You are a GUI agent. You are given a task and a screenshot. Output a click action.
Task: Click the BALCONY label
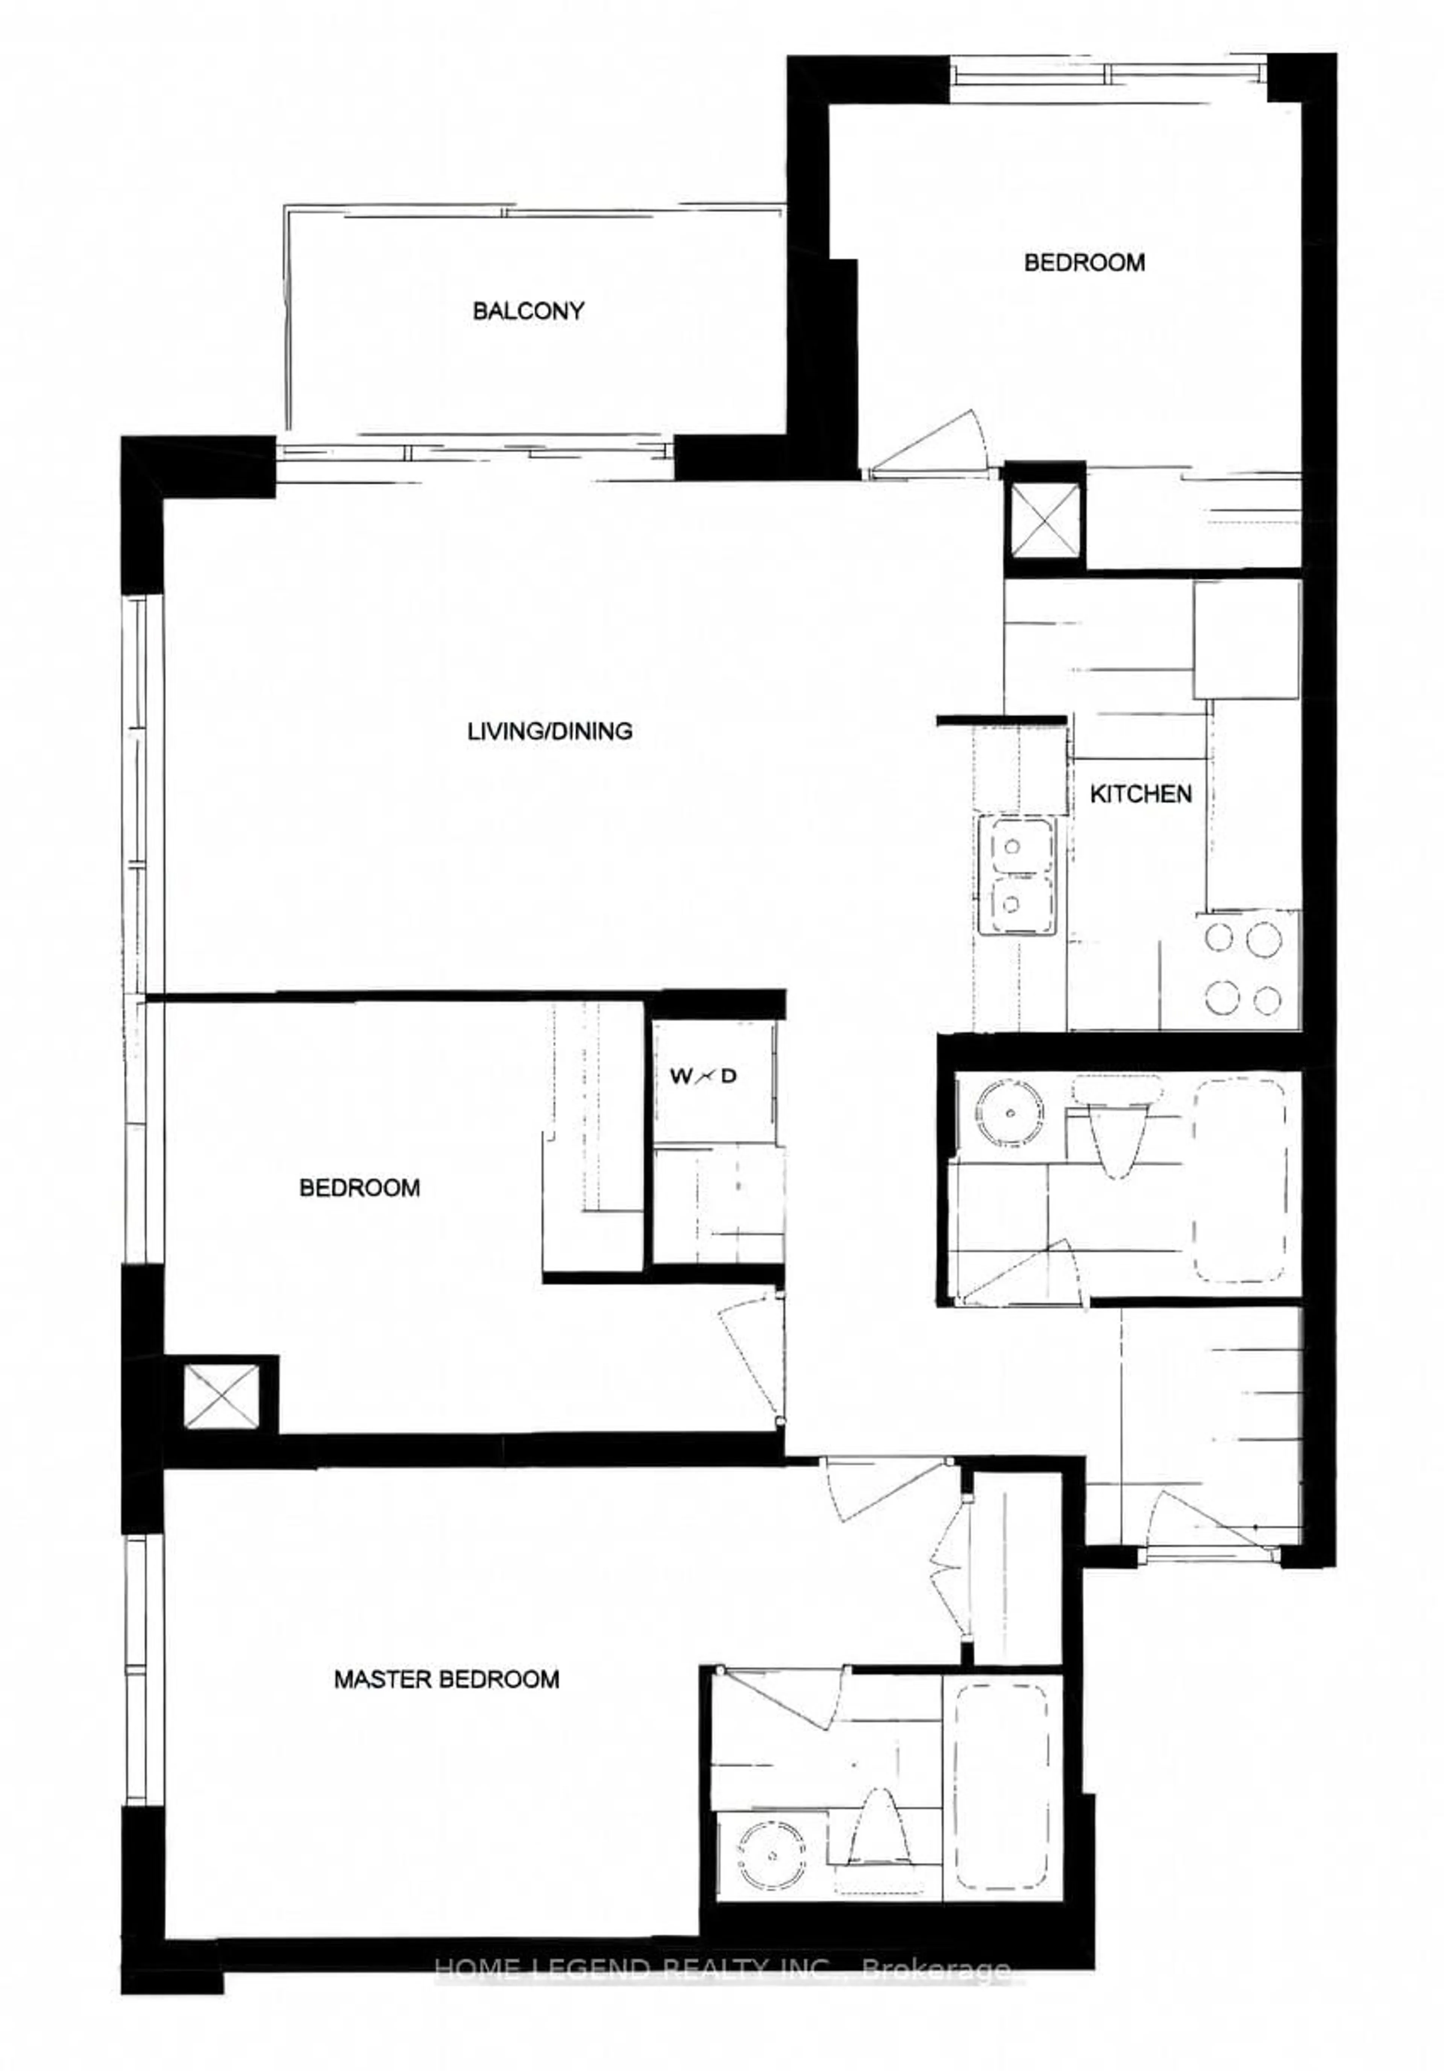tap(528, 311)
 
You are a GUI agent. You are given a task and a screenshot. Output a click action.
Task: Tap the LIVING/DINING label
tap(549, 730)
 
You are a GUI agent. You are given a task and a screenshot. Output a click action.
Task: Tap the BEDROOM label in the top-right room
tap(1084, 263)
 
